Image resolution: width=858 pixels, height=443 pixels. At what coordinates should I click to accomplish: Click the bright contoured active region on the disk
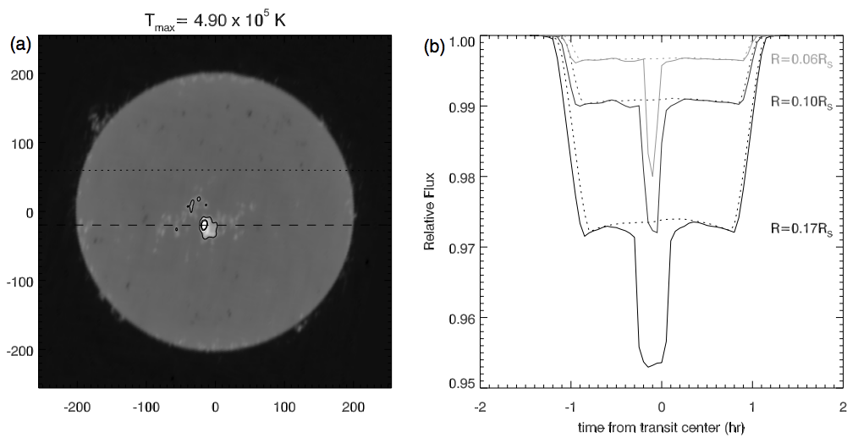[x=205, y=225]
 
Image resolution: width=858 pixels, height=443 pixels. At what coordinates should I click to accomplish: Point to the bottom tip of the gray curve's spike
[x=652, y=176]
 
